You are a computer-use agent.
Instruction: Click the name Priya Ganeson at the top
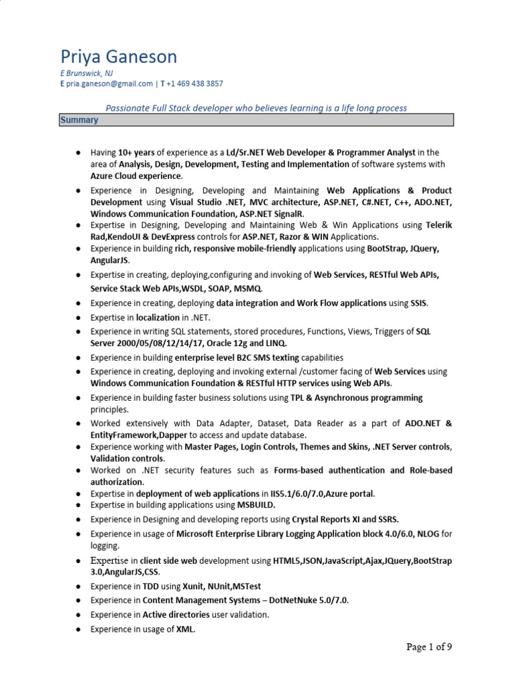click(x=118, y=57)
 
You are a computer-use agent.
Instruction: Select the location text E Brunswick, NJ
click(x=87, y=73)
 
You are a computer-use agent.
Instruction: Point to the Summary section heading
click(x=79, y=120)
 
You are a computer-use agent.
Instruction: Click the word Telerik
click(x=439, y=225)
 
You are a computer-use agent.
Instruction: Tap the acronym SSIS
click(x=418, y=303)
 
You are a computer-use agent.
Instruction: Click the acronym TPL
click(x=295, y=397)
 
